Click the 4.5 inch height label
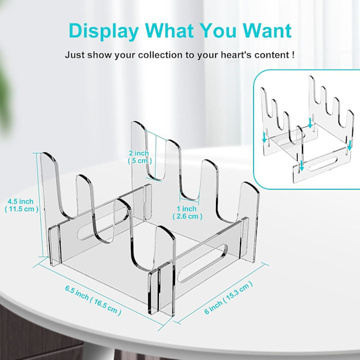[x=20, y=202]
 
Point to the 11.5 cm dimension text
[x=22, y=209]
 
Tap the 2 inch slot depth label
[x=139, y=153]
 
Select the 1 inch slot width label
[x=187, y=209]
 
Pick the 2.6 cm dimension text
[x=188, y=217]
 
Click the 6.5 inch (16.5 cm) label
[x=93, y=301]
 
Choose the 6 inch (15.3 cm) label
[x=229, y=298]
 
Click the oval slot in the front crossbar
[x=202, y=263]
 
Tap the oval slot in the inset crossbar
[x=323, y=164]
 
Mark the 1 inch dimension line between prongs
[x=189, y=202]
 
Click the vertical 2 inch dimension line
[x=155, y=157]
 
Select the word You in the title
[x=217, y=30]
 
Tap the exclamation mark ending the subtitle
[x=293, y=55]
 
